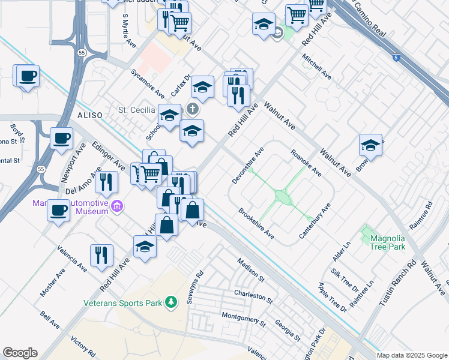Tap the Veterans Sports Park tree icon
[172, 302]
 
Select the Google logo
[20, 353]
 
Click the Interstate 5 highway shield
[396, 58]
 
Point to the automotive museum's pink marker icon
[117, 207]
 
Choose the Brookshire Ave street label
[257, 224]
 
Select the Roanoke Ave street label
[306, 163]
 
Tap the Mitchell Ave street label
[317, 67]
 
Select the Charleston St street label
[253, 296]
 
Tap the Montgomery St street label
[243, 319]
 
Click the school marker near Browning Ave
[371, 145]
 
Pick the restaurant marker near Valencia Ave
[101, 254]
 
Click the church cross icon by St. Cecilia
[192, 109]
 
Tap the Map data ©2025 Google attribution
[411, 355]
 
